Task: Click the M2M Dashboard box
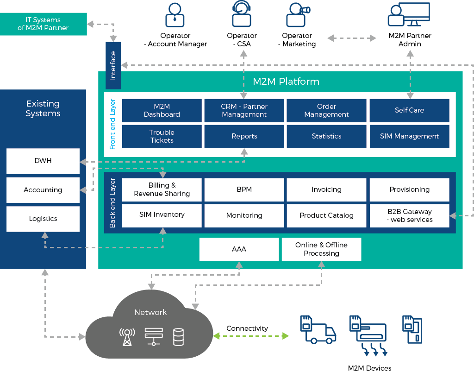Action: (x=162, y=110)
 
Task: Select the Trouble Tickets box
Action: (x=162, y=136)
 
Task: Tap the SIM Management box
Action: (x=409, y=136)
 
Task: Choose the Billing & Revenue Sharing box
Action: (x=162, y=189)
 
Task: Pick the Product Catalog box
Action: (x=326, y=215)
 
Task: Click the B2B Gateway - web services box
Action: (x=409, y=215)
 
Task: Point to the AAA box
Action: (x=239, y=249)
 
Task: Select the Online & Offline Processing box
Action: (x=321, y=249)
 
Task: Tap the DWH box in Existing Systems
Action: (x=43, y=161)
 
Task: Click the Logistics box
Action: (x=43, y=219)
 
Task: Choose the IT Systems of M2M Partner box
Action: (x=43, y=24)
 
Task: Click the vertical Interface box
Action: (x=113, y=65)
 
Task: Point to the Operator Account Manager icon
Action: (x=175, y=15)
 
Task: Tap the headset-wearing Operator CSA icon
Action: (x=241, y=14)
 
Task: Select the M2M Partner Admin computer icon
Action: (x=409, y=15)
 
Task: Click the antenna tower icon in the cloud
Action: (x=127, y=337)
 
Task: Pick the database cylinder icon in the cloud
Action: (x=178, y=337)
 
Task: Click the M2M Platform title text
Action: (x=286, y=82)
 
